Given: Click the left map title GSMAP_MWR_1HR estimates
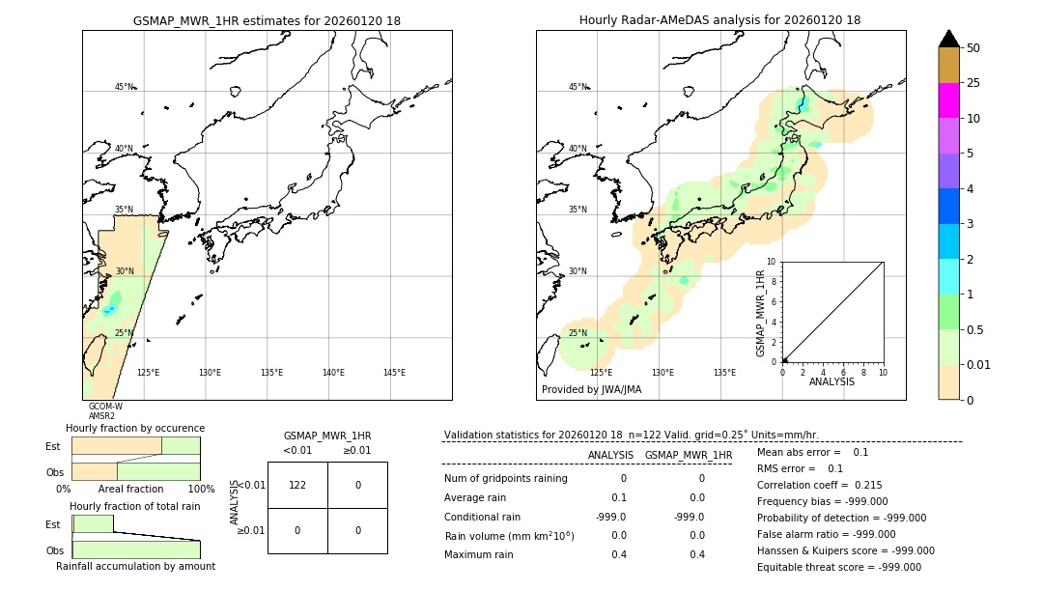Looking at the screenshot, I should click(x=267, y=20).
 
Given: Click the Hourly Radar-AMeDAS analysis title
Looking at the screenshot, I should click(x=719, y=20).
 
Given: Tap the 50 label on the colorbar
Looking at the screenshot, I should click(x=973, y=48).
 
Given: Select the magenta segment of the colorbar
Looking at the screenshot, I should click(x=948, y=100).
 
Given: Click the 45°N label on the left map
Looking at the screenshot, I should click(x=125, y=87).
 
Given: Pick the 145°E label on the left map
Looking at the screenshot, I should click(x=394, y=373).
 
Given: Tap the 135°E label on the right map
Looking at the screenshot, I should click(x=724, y=373).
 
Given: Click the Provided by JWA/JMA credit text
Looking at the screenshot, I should click(x=591, y=390).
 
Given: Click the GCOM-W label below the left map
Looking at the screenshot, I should click(x=105, y=407).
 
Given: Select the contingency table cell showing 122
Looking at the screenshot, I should click(x=297, y=485).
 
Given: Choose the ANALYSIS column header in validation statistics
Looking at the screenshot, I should click(x=610, y=455).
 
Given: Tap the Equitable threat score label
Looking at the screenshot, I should click(x=812, y=567).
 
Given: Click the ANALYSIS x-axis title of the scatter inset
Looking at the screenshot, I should click(x=832, y=381).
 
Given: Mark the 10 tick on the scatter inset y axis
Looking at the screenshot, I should click(x=772, y=262).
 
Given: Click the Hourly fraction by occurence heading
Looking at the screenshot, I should click(x=135, y=428).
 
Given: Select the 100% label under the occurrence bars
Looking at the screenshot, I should click(x=200, y=489).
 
